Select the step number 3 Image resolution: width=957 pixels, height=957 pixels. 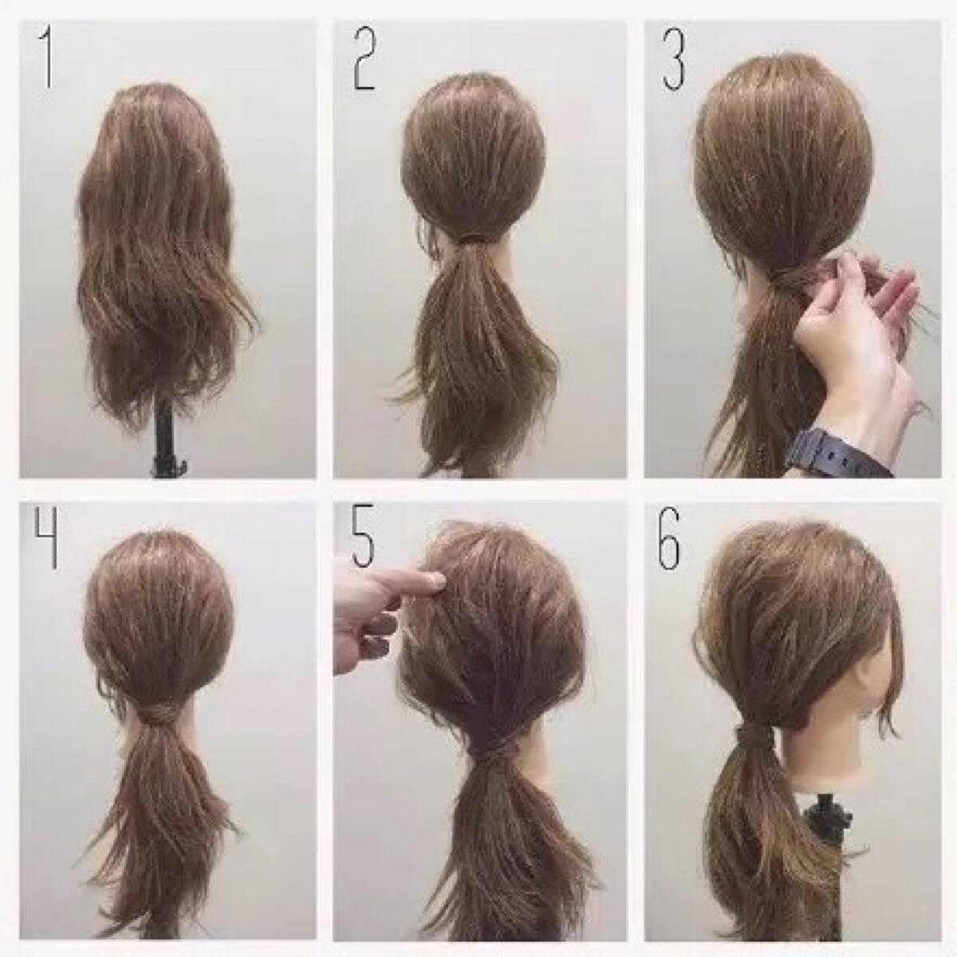pos(673,61)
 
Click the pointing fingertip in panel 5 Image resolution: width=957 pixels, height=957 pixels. pos(437,578)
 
